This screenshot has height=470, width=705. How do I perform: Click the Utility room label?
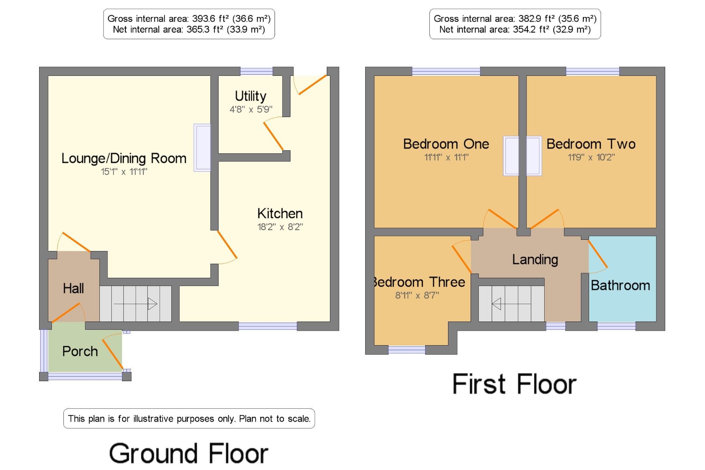[251, 96]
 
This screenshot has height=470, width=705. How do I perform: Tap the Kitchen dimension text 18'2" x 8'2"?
[280, 227]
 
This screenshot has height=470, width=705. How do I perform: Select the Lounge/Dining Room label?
[124, 159]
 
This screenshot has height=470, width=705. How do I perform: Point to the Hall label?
[73, 288]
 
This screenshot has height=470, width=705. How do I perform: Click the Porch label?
[80, 351]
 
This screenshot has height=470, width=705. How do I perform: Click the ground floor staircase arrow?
[135, 304]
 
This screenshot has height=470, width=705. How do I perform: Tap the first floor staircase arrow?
[511, 304]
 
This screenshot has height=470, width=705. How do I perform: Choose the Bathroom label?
[620, 285]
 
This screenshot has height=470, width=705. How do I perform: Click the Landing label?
[535, 260]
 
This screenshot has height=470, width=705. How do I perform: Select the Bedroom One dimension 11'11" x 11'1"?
[446, 157]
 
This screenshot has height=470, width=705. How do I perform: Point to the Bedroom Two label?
[591, 144]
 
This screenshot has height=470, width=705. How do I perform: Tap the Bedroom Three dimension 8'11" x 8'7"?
[417, 295]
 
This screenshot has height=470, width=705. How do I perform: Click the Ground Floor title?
[189, 453]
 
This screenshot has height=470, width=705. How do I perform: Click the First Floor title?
[514, 384]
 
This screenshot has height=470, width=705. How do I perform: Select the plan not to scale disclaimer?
[189, 419]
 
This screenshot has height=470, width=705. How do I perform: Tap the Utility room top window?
[256, 71]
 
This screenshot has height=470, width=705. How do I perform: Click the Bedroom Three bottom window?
[407, 350]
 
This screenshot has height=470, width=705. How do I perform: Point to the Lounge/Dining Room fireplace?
[202, 148]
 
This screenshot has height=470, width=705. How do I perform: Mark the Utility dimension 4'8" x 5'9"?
[251, 109]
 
